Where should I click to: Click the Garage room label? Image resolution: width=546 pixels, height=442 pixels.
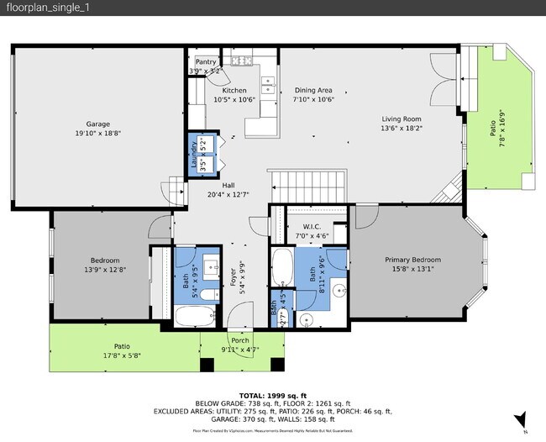point(97,124)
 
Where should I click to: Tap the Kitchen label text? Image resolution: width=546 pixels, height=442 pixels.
point(234,90)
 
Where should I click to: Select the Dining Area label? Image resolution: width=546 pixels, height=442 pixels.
point(313,90)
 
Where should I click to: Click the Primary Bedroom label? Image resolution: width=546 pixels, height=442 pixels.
point(412,260)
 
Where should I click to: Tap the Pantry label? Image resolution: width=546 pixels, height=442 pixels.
point(206,61)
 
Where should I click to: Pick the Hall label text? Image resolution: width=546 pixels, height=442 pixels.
point(228,186)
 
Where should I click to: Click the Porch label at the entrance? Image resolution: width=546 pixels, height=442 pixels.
point(239,341)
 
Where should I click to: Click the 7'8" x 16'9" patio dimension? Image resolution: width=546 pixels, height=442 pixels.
point(502,134)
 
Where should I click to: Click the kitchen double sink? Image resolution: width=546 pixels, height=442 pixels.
point(269,84)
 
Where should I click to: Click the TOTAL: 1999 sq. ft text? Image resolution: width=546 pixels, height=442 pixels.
point(272,395)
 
